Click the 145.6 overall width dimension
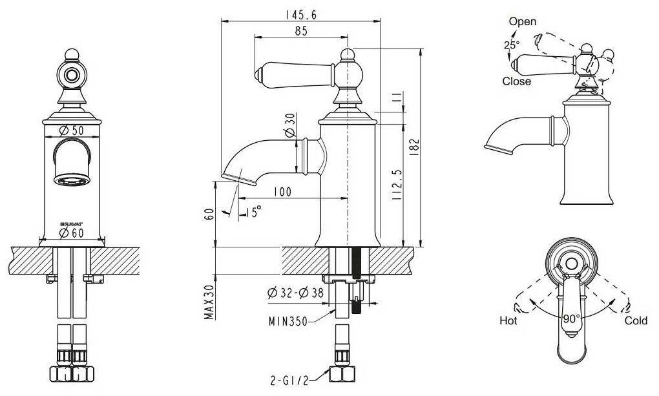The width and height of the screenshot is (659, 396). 301,15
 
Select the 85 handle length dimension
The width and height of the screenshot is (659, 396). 301,31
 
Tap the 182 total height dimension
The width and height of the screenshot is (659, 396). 414,147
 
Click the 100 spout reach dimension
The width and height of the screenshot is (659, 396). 282,192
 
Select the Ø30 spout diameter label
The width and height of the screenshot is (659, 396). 290,125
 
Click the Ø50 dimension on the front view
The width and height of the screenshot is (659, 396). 72,130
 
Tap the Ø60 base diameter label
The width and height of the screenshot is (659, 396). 72,233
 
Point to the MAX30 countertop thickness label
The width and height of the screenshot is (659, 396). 209,302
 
